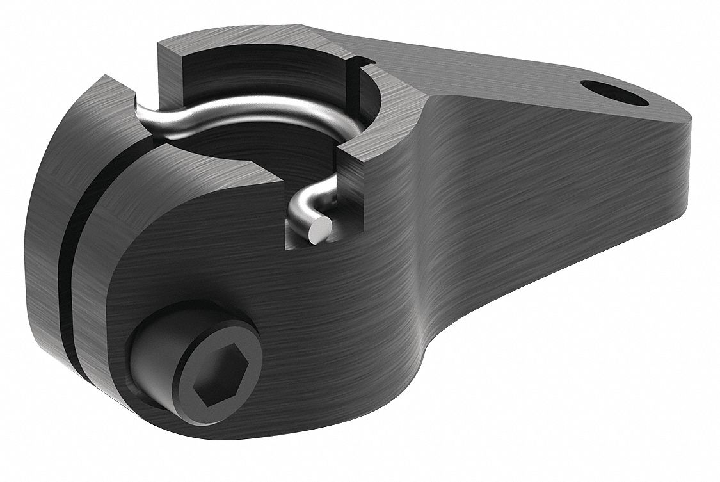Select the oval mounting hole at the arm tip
612,93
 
